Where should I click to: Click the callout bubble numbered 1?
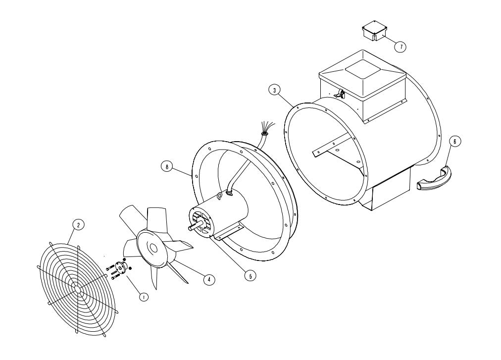tap(144, 297)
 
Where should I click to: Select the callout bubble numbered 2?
tap(78, 225)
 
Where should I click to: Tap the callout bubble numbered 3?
tap(274, 91)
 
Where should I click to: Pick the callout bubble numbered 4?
tap(209, 280)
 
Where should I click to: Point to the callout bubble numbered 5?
tap(250, 275)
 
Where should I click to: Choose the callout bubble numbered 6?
tap(455, 141)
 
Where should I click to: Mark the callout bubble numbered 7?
tap(400, 47)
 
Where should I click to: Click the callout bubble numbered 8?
tap(167, 166)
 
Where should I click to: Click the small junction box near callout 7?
tap(374, 31)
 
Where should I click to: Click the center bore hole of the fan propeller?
tap(153, 248)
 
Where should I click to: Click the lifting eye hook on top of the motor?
tap(219, 197)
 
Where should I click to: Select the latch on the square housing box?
tap(339, 94)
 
